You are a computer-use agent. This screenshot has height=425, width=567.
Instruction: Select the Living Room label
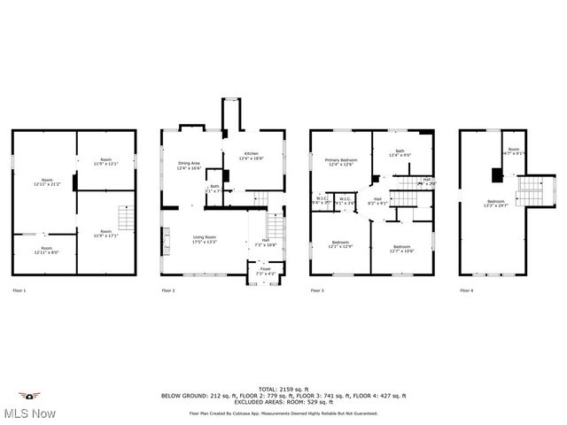206,239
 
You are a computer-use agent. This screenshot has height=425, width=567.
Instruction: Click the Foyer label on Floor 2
266,270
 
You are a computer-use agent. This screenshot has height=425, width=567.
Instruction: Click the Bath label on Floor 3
400,153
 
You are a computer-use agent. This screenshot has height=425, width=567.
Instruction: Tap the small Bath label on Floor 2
214,188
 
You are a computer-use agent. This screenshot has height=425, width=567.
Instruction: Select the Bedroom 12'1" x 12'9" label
341,244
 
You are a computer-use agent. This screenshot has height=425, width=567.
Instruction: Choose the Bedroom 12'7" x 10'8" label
401,249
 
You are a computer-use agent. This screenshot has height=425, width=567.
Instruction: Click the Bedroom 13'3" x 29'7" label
495,203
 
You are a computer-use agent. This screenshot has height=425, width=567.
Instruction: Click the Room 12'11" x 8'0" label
46,251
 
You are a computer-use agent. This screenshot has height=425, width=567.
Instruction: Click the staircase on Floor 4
528,188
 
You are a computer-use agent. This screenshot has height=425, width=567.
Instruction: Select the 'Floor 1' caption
19,290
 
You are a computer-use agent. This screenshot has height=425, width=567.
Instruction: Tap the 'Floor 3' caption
317,290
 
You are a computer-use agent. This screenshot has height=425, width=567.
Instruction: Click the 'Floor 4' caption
467,290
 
